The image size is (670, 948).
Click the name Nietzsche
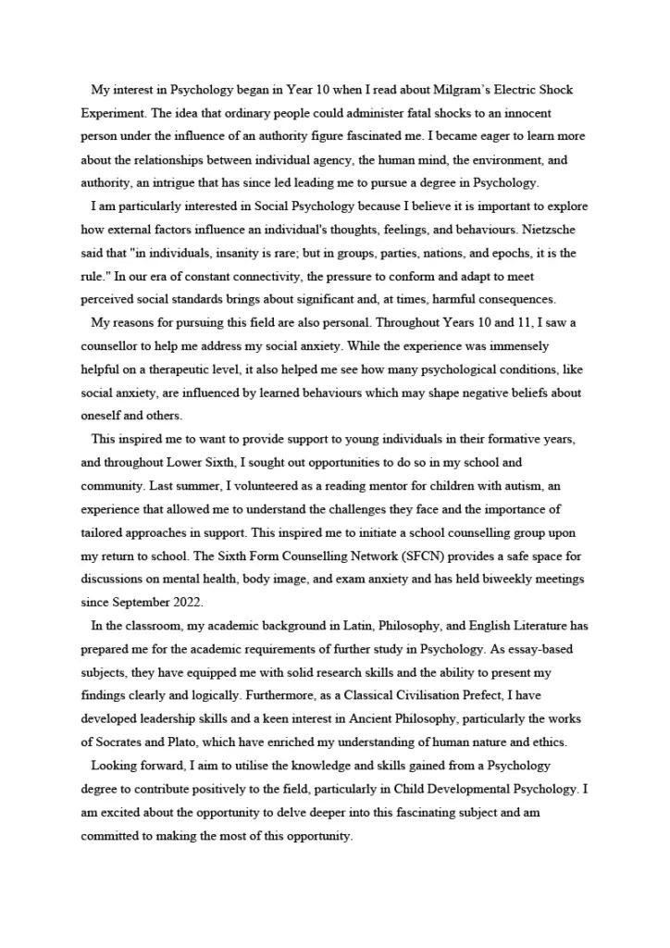click(552, 229)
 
